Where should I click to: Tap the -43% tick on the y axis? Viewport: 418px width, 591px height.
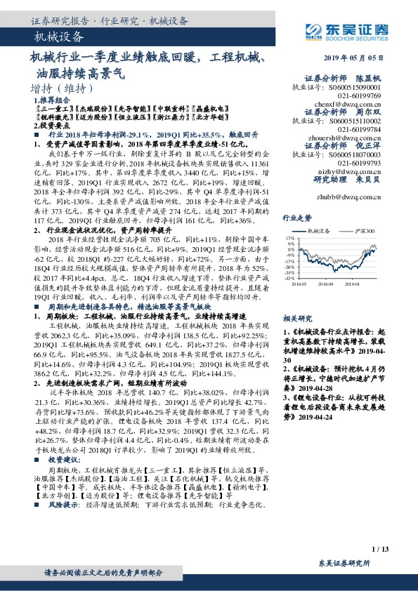289,278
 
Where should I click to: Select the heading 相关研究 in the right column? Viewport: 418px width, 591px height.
296,298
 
